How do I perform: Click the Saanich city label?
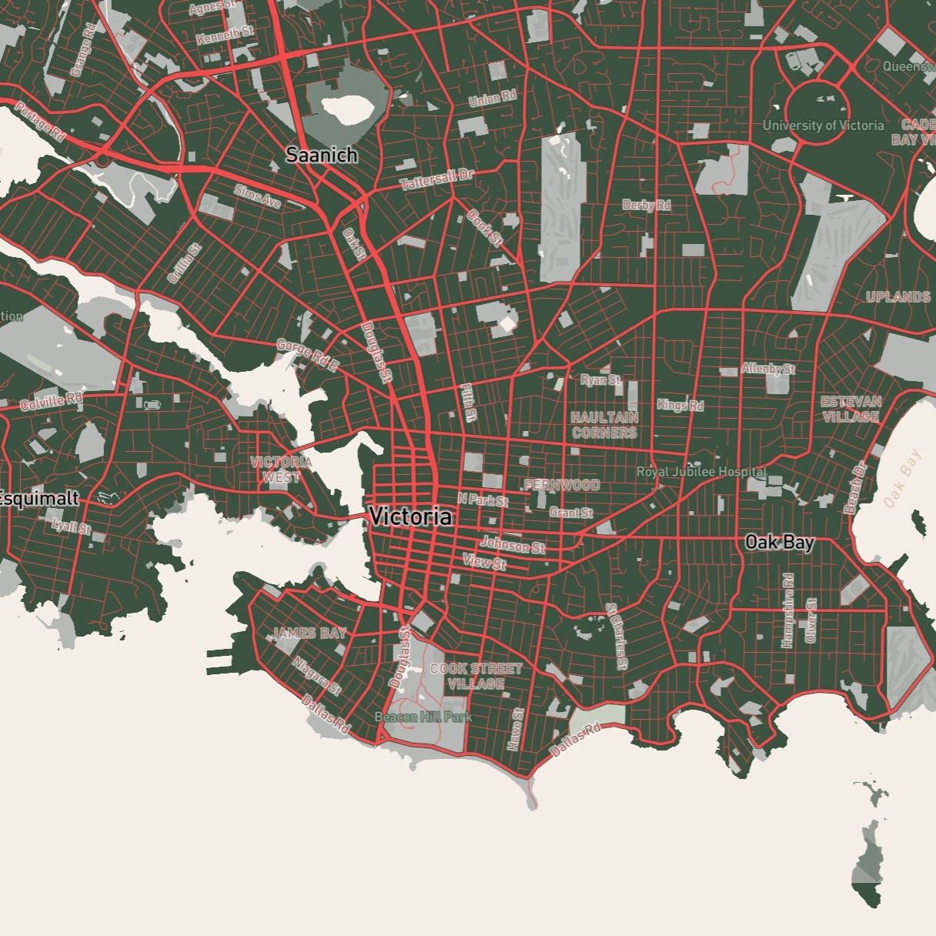(322, 155)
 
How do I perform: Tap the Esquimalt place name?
(38, 498)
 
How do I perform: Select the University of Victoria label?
(823, 125)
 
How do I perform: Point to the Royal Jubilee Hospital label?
(701, 471)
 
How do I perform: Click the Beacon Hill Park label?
(423, 717)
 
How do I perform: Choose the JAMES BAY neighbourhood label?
(309, 633)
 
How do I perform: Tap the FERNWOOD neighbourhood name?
(562, 485)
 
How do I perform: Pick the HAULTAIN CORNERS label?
(605, 425)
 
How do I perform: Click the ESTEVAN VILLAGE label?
(851, 409)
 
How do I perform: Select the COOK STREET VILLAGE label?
(476, 676)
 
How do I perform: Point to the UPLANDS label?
(898, 296)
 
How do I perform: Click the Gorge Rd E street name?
(307, 356)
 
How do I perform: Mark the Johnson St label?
(513, 546)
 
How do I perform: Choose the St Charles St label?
(617, 636)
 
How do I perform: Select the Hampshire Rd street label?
(787, 610)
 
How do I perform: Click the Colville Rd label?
(52, 400)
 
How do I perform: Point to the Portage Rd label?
(40, 121)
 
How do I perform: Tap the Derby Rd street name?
(647, 205)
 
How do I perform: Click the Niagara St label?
(316, 676)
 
